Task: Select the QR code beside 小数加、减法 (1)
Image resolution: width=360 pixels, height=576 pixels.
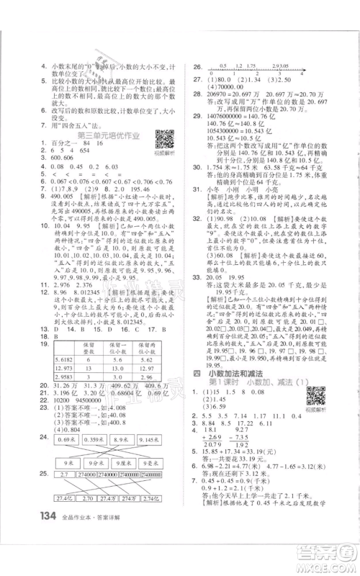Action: (x=315, y=397)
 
